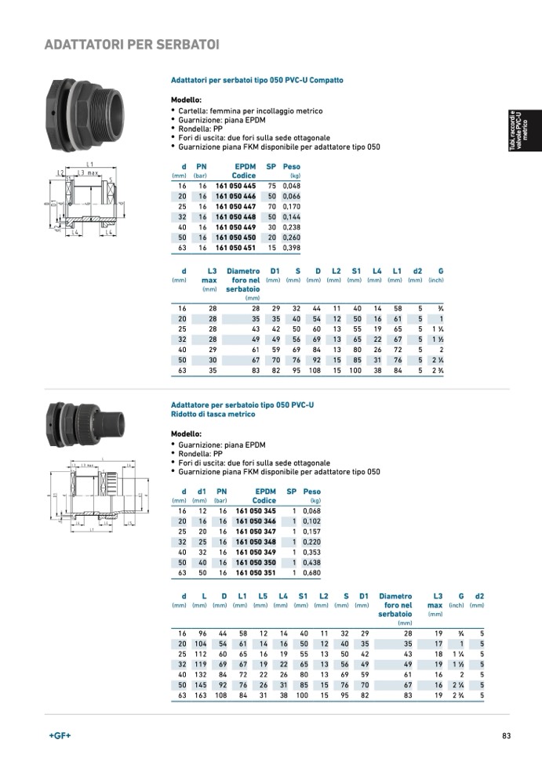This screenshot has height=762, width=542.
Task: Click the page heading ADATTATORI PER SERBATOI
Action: [132, 44]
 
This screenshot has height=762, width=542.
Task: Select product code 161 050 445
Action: [236, 186]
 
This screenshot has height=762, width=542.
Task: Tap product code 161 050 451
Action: [236, 248]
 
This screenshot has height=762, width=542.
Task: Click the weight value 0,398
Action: [291, 248]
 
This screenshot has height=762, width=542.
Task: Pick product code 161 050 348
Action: [256, 542]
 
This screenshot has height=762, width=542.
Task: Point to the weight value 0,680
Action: [311, 572]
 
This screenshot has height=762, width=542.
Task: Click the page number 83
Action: [507, 736]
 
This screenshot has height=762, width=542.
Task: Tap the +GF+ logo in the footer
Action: [59, 736]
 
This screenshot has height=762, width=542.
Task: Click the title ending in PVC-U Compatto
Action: [257, 81]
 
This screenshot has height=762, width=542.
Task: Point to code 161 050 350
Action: [256, 562]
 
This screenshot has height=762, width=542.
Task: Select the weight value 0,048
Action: [291, 186]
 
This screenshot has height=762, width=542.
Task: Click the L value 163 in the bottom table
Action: [202, 695]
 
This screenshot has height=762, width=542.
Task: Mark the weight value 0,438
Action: [311, 562]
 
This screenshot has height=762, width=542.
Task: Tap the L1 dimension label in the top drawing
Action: [91, 164]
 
